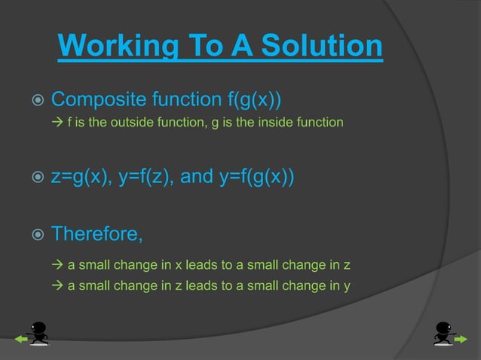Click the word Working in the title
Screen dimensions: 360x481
point(117,47)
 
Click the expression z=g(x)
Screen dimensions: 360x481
point(79,178)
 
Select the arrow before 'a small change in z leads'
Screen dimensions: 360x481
point(57,285)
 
